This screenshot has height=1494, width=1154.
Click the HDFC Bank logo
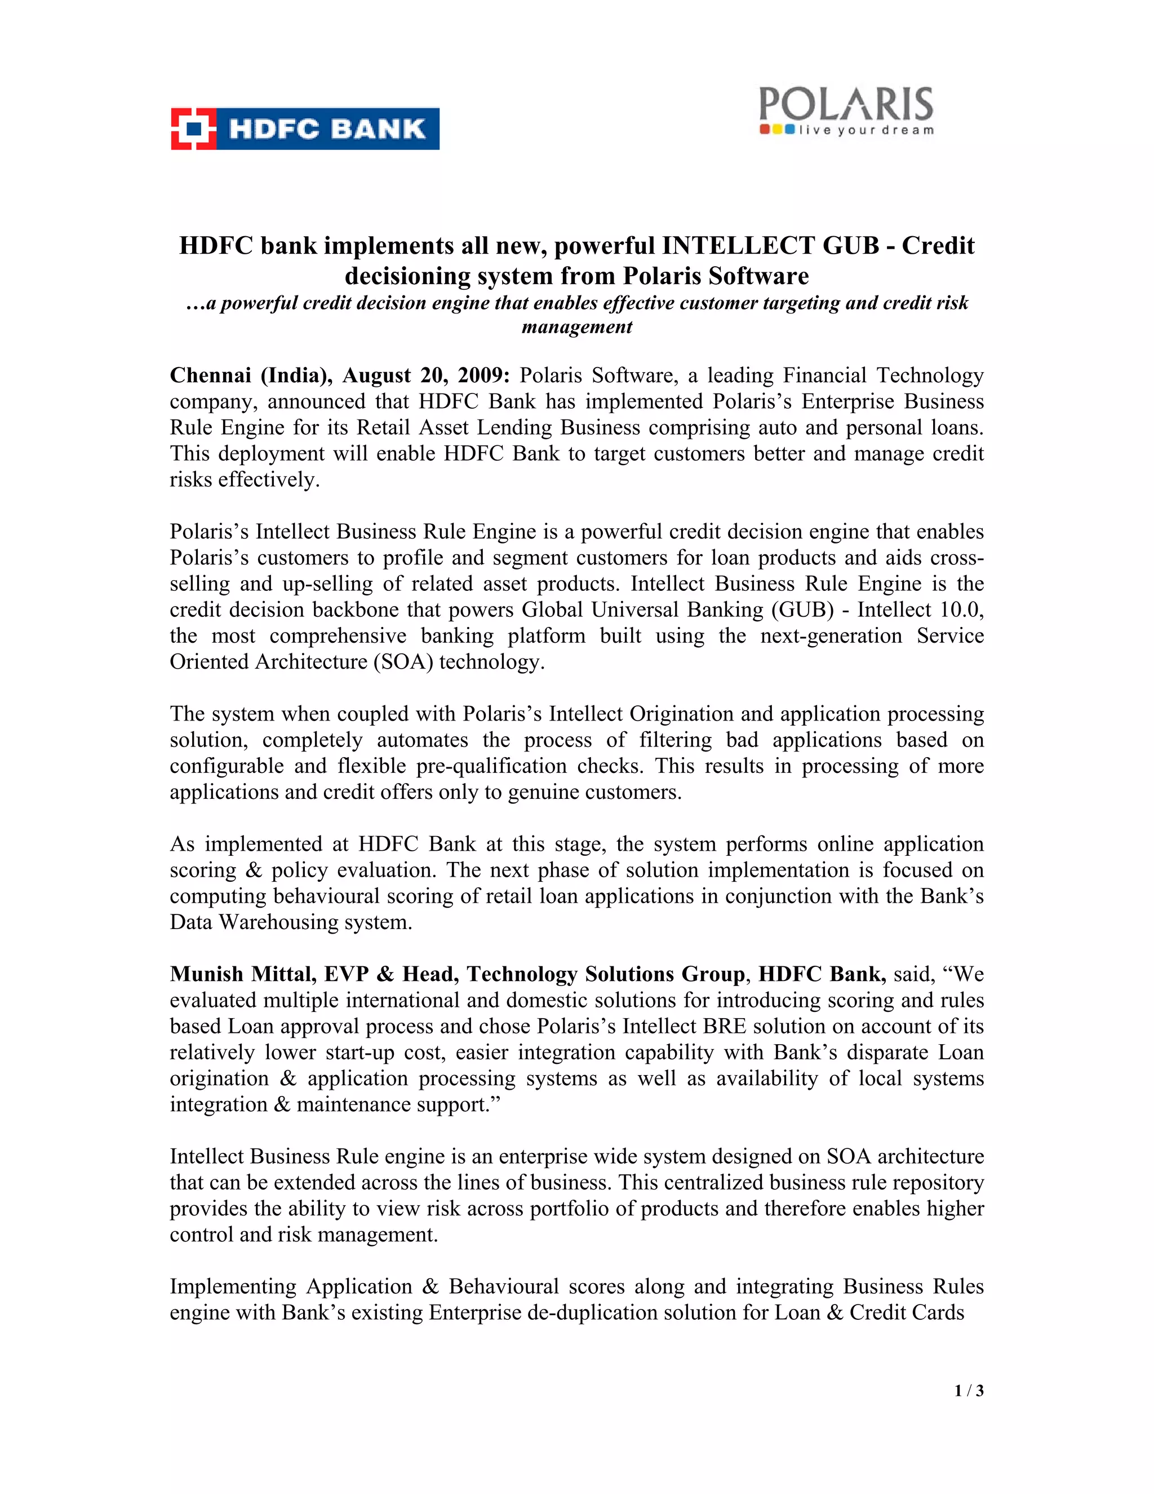[x=305, y=129]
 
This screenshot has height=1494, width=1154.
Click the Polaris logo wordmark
[x=846, y=104]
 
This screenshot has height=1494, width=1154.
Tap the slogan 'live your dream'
[x=865, y=130]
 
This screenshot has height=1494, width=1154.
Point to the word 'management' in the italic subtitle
[x=576, y=327]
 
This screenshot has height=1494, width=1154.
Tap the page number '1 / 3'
[x=969, y=1391]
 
